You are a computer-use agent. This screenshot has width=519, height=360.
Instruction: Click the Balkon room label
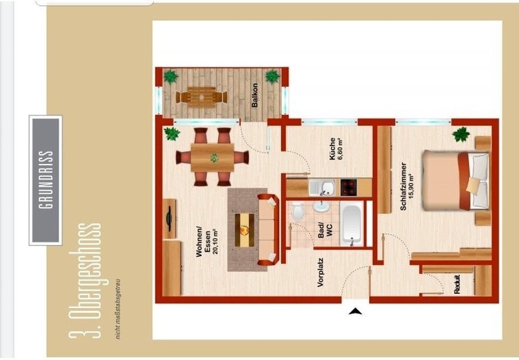tap(254, 95)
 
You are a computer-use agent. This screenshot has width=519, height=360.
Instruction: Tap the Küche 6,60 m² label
tap(335, 149)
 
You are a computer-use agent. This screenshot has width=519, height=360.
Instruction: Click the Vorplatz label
tap(320, 272)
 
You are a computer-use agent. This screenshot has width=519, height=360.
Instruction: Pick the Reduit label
tap(457, 284)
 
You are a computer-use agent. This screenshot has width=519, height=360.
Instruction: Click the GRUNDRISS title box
tap(45, 180)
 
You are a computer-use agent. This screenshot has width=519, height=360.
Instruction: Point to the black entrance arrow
tap(355, 311)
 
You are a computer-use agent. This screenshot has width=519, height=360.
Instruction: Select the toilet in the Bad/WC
tap(298, 211)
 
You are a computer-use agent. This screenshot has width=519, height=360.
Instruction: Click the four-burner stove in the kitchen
tap(349, 187)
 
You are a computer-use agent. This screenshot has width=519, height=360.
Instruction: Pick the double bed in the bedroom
tap(456, 180)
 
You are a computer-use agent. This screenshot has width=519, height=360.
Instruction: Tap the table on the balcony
tap(201, 97)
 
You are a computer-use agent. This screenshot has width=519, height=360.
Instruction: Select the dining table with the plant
tap(213, 158)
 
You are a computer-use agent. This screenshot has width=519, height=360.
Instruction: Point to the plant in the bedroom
tap(461, 134)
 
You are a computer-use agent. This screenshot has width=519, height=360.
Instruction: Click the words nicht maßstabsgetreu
tap(118, 309)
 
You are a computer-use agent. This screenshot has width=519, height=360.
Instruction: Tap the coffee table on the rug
tap(245, 230)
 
